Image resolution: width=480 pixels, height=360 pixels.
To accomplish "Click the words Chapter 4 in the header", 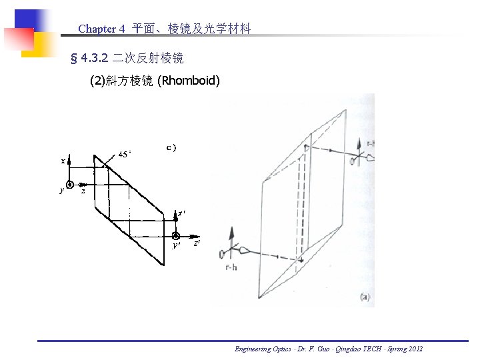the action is [x=101, y=29].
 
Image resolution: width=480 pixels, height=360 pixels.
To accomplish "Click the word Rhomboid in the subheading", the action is [x=188, y=81].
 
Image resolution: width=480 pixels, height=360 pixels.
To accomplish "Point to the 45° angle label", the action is [x=124, y=153].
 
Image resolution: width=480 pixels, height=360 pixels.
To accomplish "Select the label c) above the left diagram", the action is [x=171, y=147].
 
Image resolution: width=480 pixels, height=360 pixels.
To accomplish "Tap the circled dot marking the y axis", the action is [x=69, y=185].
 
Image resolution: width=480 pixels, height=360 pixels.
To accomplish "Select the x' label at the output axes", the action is [x=181, y=214].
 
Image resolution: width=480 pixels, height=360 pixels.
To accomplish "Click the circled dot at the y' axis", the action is [x=176, y=235].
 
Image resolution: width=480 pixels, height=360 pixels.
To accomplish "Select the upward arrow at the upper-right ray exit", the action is [x=360, y=147].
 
